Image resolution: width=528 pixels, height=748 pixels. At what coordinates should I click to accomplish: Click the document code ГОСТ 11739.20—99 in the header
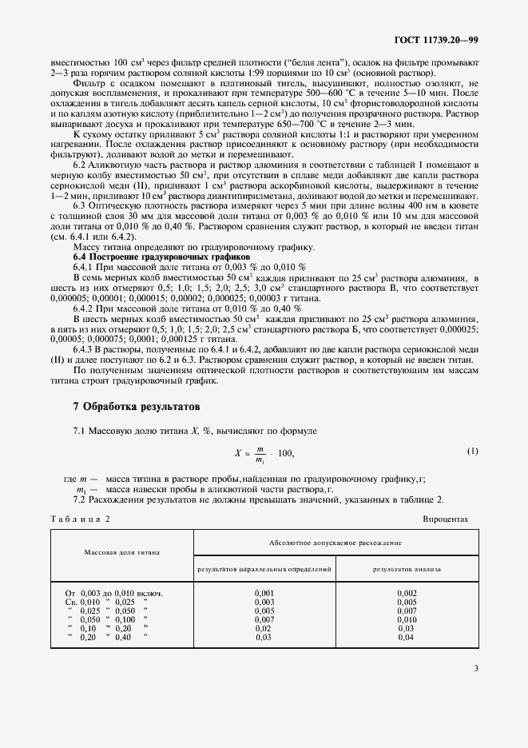tap(437, 39)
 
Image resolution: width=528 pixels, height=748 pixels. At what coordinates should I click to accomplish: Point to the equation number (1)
tap(472, 452)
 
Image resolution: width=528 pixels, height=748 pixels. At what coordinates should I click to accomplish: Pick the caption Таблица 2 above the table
tap(81, 519)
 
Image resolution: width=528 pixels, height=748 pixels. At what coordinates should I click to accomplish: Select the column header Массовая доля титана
tap(122, 551)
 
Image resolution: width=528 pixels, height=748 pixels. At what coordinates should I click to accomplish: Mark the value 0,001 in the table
tap(264, 592)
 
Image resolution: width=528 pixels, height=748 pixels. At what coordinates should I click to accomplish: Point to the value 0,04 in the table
tap(407, 637)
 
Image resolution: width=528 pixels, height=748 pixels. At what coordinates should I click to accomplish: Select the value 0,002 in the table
tap(407, 592)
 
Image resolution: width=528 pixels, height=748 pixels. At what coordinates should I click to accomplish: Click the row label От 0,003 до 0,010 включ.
tap(113, 592)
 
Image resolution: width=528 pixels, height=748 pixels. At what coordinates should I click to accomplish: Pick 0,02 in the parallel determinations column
tap(264, 628)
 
